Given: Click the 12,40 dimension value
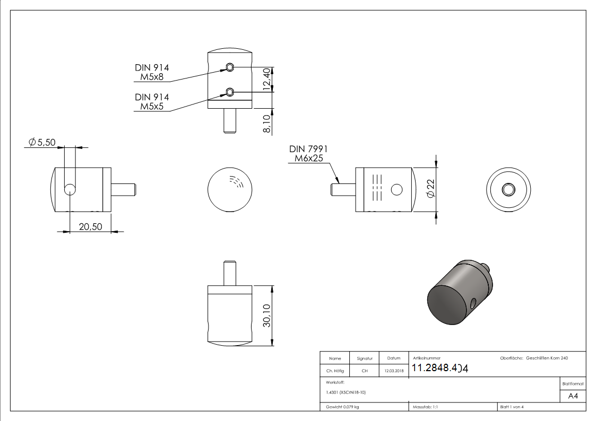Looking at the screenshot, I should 266,80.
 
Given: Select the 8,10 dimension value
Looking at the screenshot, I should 266,121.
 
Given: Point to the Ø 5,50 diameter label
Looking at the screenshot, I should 43,142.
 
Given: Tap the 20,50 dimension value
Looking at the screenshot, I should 90,226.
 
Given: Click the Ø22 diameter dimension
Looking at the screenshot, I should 430,188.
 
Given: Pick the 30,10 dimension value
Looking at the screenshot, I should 266,315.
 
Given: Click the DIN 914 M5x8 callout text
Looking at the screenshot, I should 152,72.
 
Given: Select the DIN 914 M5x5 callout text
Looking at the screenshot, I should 152,102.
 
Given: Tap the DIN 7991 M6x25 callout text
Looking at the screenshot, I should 308,154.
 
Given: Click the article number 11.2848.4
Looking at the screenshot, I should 440,369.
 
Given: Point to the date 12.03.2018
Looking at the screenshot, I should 393,371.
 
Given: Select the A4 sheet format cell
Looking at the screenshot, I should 573,396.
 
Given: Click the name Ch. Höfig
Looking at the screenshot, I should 335,371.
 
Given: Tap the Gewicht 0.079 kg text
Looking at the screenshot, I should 342,407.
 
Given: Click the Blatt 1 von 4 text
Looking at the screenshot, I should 512,407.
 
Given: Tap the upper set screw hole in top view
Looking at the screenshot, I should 229,67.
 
